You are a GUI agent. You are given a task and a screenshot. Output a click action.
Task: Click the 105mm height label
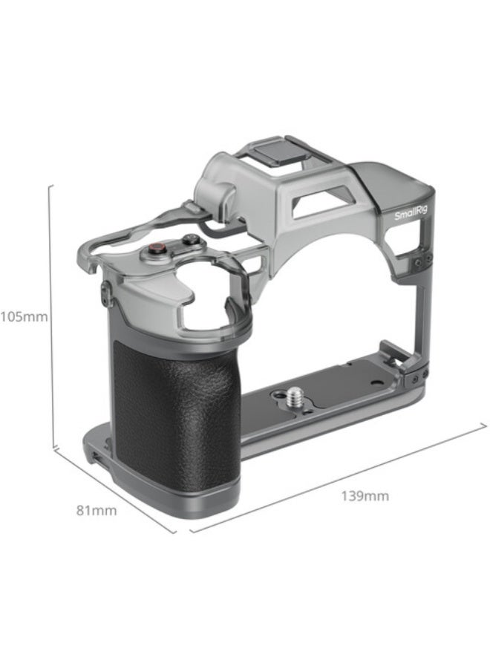pos(23,317)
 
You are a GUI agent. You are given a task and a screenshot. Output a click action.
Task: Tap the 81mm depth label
pos(97,510)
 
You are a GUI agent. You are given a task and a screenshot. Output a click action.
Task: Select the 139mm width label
pos(365,496)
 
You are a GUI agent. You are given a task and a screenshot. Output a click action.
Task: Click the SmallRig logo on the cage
pos(410,214)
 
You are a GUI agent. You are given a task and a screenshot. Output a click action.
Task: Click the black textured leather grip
pos(177,416)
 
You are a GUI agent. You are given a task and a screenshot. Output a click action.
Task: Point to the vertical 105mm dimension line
pos(50,316)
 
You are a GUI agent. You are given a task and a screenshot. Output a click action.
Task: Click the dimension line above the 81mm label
pos(115,491)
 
